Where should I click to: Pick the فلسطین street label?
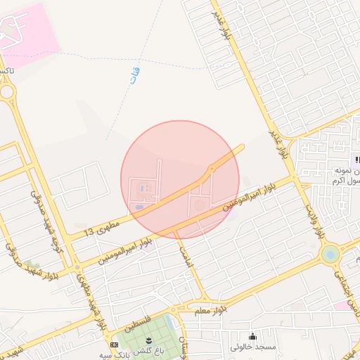138,323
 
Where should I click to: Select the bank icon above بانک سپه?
114,345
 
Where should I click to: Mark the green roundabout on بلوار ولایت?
329,254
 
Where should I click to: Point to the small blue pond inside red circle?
139,207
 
